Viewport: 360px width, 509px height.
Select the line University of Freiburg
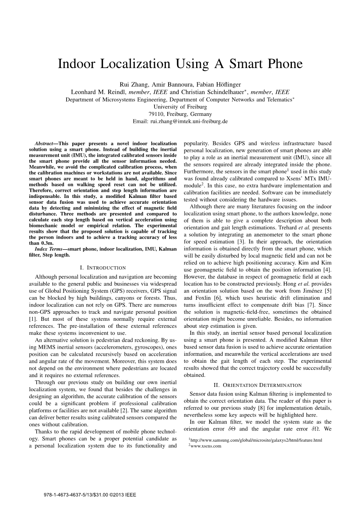[x=180, y=107]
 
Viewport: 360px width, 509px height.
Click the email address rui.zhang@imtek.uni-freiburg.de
[x=189, y=121]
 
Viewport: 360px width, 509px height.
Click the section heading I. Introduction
[x=103, y=268]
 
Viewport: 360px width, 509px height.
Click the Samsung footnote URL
[x=256, y=440]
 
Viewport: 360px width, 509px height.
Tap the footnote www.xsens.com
[x=206, y=446]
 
